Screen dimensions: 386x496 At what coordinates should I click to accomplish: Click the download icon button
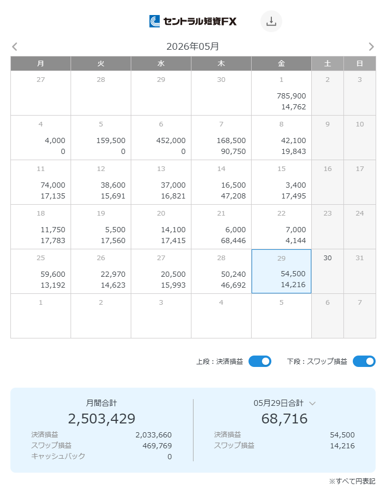coord(271,21)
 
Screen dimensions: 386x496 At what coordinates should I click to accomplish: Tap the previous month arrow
coord(15,47)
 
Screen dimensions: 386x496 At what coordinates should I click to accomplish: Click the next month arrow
coord(371,47)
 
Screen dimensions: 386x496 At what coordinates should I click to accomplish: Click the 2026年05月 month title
coord(192,47)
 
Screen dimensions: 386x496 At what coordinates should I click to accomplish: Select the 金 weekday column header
coord(281,63)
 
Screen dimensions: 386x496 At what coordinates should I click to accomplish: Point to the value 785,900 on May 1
coord(292,96)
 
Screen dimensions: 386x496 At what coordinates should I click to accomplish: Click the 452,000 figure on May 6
coord(171,140)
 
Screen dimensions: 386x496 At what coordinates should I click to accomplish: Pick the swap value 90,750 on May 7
coord(233,151)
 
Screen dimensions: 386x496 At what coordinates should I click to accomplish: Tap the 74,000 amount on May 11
coord(53,185)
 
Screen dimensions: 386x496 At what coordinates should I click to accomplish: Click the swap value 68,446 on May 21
coord(233,240)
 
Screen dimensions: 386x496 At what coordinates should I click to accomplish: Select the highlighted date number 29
coord(281,259)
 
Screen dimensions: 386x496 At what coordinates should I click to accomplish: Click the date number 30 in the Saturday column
coord(327,258)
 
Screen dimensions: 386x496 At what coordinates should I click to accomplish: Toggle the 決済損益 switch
coord(260,361)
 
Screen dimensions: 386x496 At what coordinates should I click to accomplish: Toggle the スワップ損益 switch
coord(364,361)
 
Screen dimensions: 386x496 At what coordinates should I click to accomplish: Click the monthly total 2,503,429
coord(102,418)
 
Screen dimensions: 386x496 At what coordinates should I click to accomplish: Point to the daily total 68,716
coord(284,418)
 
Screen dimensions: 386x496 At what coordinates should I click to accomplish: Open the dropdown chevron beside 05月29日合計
coord(312,403)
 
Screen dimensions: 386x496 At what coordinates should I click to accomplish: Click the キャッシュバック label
coord(58,456)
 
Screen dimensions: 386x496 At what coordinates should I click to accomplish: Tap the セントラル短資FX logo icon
coord(155,21)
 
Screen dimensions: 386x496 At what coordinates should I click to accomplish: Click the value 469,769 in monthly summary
coord(157,446)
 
